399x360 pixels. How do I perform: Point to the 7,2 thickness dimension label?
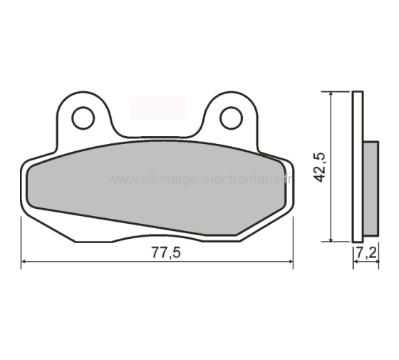[x=365, y=252]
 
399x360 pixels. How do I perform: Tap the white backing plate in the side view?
[x=358, y=166]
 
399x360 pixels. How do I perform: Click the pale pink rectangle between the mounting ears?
[x=158, y=108]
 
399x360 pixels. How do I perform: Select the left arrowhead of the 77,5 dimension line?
[x=26, y=262]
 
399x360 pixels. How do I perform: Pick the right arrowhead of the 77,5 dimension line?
[x=289, y=262]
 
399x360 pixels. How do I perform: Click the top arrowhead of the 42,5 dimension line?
[x=331, y=96]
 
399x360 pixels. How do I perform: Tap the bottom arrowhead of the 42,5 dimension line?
[x=331, y=237]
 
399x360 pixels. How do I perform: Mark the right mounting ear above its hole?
[x=231, y=101]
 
